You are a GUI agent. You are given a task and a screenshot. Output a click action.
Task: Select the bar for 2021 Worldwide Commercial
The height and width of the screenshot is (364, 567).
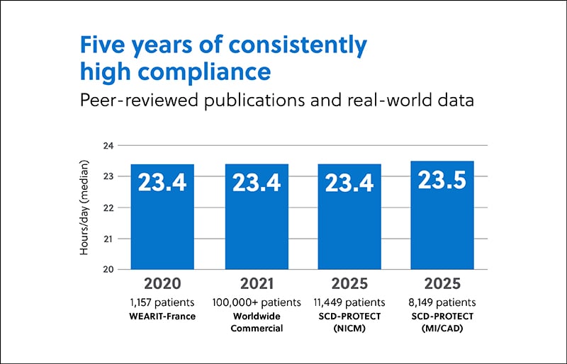(x=257, y=216)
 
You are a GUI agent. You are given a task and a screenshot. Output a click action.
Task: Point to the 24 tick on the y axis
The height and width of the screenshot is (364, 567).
(x=108, y=146)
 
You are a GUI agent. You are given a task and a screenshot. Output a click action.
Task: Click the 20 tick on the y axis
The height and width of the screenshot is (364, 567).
(x=108, y=269)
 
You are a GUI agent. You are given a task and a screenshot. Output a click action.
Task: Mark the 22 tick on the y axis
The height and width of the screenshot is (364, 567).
(x=108, y=207)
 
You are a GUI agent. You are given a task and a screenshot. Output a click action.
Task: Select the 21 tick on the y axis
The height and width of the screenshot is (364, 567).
(x=108, y=239)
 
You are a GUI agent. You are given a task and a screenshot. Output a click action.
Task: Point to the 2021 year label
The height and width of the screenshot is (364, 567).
(x=257, y=284)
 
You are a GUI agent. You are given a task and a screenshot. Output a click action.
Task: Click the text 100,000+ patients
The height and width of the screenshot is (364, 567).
(x=257, y=302)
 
